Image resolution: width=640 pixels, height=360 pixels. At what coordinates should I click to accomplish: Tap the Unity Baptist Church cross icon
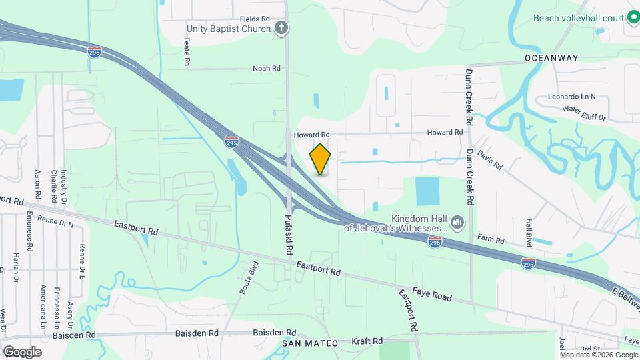pyautogui.click(x=282, y=28)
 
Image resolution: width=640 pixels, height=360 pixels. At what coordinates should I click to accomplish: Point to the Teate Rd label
pyautogui.click(x=187, y=51)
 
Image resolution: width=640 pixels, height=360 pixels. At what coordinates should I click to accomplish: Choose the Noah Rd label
pyautogui.click(x=266, y=68)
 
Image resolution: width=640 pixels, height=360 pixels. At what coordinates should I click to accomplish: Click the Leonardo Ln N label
pyautogui.click(x=571, y=97)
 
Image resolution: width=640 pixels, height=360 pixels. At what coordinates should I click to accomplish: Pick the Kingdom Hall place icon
pyautogui.click(x=457, y=221)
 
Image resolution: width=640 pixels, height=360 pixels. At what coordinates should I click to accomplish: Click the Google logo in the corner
pyautogui.click(x=22, y=351)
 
